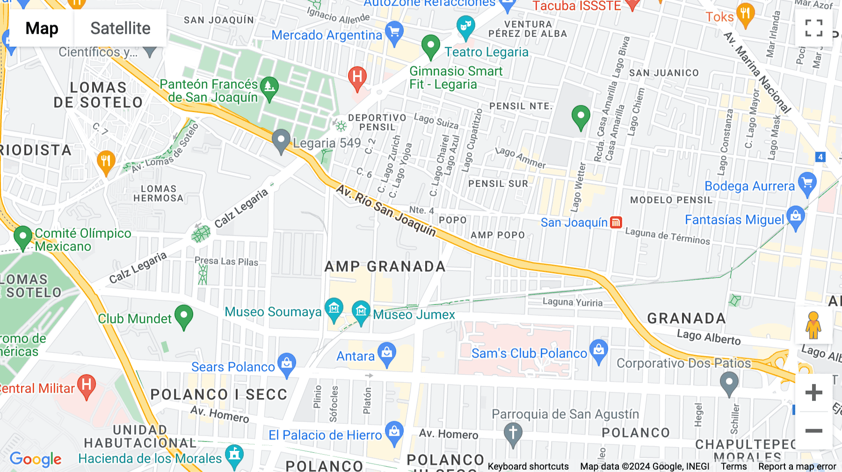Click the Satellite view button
point(120,28)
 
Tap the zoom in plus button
point(813,393)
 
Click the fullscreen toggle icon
point(813,28)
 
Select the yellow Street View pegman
point(813,325)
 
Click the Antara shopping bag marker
point(387,354)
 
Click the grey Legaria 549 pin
point(281,140)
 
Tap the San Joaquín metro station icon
point(616,222)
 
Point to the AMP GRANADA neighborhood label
point(385,267)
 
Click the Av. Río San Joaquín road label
point(386,210)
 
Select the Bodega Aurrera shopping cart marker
point(807,183)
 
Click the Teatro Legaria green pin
point(430,46)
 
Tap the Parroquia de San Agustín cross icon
point(513,433)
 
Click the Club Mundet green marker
point(183,316)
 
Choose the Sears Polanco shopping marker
point(287,364)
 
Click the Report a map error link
point(797,466)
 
